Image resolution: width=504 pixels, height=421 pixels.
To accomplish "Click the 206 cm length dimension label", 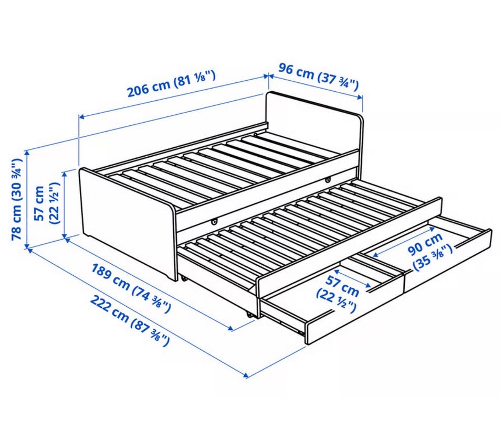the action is [x=171, y=83].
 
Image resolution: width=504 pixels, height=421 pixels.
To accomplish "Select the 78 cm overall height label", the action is [x=16, y=199].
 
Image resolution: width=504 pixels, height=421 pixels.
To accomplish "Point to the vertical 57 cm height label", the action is [x=47, y=203].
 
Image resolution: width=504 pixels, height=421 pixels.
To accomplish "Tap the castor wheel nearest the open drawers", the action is [x=249, y=315].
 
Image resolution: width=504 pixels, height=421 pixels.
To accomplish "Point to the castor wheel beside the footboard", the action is [x=184, y=278].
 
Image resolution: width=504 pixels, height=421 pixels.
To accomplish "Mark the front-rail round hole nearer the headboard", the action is [x=328, y=179].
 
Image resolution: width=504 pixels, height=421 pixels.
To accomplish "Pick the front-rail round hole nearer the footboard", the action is [x=214, y=221].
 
